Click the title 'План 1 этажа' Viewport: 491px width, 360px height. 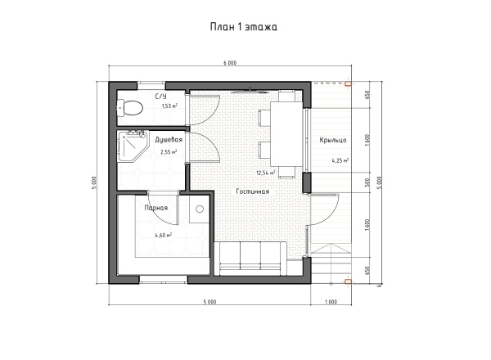(244, 27)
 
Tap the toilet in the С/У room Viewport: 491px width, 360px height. (129, 108)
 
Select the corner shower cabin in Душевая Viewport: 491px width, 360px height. (132, 146)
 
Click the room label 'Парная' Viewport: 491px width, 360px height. (156, 208)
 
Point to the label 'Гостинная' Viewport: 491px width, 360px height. (252, 191)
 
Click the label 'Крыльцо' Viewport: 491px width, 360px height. (333, 140)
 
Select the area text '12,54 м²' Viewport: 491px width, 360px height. (266, 173)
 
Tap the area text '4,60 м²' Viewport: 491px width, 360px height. (163, 235)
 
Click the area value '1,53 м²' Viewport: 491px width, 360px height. (169, 106)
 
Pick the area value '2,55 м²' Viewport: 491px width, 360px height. (169, 152)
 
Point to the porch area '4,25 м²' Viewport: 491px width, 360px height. (340, 161)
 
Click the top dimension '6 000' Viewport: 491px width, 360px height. (230, 63)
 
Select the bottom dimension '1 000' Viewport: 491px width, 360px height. (331, 302)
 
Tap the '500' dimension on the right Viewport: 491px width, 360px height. (367, 182)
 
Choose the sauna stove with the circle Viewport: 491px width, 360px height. (200, 209)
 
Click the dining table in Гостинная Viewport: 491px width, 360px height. (286, 133)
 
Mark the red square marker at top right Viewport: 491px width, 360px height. (348, 83)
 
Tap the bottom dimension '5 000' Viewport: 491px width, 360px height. (209, 302)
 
